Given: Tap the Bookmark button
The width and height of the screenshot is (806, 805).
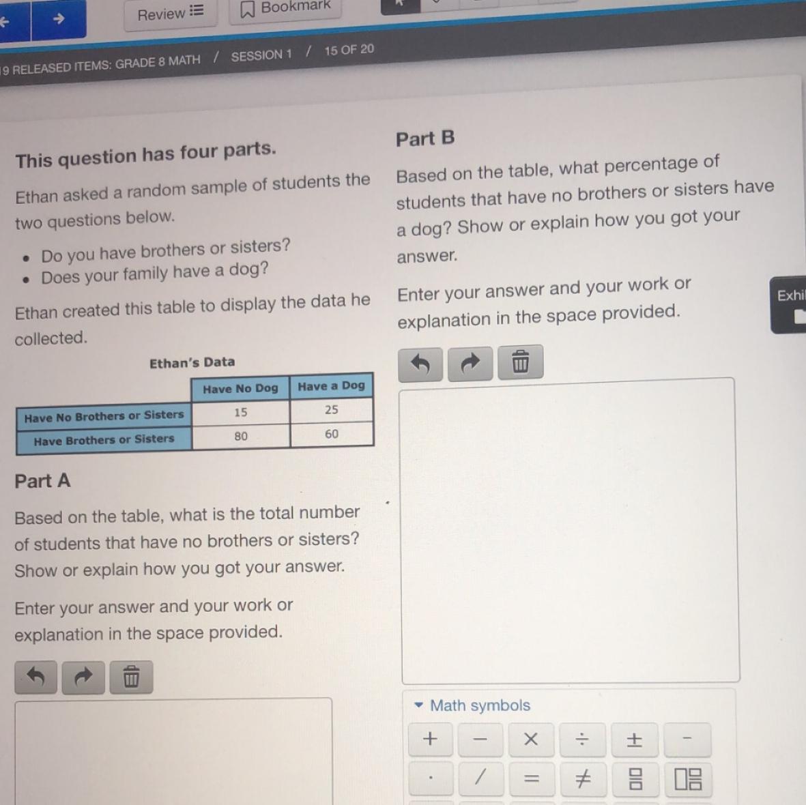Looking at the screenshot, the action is pyautogui.click(x=285, y=8).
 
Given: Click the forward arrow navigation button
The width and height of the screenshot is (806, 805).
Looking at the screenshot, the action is pyautogui.click(x=59, y=19).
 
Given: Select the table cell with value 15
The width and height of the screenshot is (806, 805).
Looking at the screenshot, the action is pyautogui.click(x=240, y=413).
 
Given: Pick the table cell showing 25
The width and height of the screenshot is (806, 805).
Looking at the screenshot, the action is pyautogui.click(x=332, y=410).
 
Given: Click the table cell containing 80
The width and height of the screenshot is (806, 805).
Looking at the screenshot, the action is pyautogui.click(x=241, y=437).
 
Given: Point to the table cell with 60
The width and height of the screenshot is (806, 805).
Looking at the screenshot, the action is pyautogui.click(x=332, y=434).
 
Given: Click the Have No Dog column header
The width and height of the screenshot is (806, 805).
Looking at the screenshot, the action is pyautogui.click(x=240, y=389).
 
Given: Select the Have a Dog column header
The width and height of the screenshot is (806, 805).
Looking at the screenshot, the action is pyautogui.click(x=331, y=386).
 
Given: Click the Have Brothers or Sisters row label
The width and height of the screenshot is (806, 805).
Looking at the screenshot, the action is pyautogui.click(x=104, y=440).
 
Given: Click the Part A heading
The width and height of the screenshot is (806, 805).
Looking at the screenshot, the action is pyautogui.click(x=42, y=481).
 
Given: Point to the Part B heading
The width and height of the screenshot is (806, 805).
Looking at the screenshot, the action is pyautogui.click(x=425, y=138).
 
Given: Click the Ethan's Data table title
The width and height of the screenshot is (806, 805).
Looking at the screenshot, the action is pyautogui.click(x=192, y=363).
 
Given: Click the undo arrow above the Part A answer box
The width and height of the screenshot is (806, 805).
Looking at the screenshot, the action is pyautogui.click(x=35, y=677).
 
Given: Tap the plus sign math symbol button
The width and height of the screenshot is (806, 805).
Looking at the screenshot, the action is pyautogui.click(x=430, y=739).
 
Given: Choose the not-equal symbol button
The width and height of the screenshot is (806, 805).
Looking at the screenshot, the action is pyautogui.click(x=582, y=779).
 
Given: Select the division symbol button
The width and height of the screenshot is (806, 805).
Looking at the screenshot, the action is pyautogui.click(x=582, y=740).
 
